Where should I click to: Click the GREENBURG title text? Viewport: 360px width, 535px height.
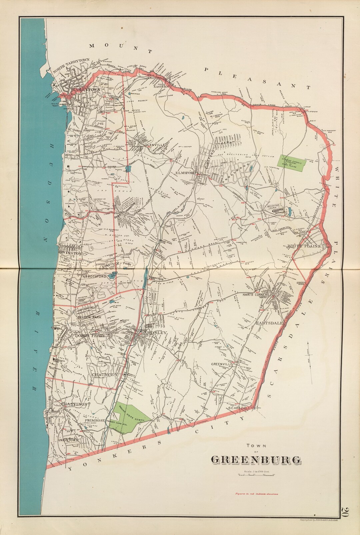tap(256, 460)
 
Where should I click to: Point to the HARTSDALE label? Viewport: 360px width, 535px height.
tap(269, 323)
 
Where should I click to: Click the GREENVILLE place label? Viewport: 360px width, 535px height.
tap(221, 364)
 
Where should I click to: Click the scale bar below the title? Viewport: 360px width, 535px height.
tap(256, 475)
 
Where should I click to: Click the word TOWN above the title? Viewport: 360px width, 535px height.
tap(255, 445)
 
